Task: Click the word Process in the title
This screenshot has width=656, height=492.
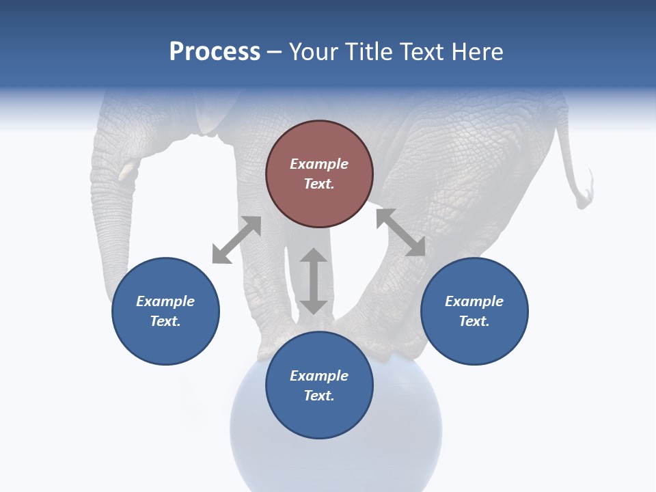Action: (x=215, y=52)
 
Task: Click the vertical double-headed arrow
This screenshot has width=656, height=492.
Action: (x=314, y=281)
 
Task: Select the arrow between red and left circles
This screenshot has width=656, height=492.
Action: (x=236, y=240)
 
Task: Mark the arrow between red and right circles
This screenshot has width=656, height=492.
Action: (x=400, y=232)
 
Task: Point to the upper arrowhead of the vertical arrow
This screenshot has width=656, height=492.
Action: (x=314, y=256)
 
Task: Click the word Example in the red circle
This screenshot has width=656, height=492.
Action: (x=319, y=164)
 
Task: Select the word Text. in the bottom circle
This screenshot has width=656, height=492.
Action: (x=319, y=396)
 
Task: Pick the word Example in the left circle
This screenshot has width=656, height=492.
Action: (x=165, y=301)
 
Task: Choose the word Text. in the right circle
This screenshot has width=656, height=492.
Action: (x=474, y=321)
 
